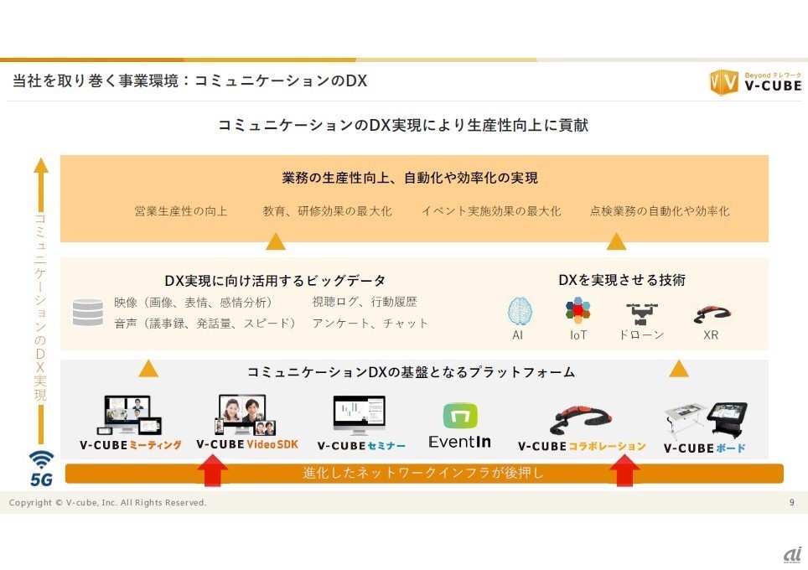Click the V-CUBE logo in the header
755,82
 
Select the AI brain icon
520,312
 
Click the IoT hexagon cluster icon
578,311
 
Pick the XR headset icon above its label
712,314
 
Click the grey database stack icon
87,312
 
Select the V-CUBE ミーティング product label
130,445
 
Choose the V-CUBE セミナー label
361,445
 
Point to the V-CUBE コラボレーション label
582,446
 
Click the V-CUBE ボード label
704,448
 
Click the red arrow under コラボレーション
624,470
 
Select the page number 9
791,502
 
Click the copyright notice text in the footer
108,502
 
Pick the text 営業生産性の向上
181,211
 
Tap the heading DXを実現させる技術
622,280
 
